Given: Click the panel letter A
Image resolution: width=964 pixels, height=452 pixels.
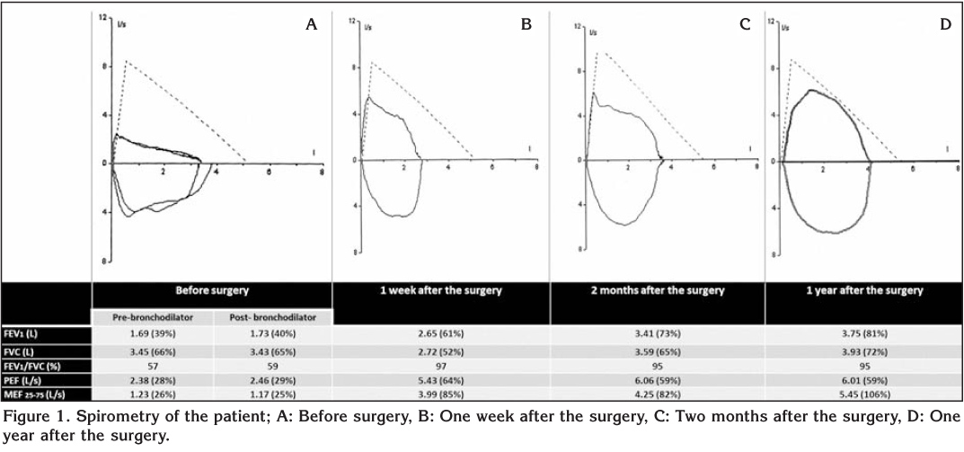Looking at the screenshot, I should [x=312, y=25].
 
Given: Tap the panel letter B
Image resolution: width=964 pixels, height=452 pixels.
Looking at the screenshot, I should [x=526, y=25].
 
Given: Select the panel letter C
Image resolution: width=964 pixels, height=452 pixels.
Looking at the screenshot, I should [x=745, y=25].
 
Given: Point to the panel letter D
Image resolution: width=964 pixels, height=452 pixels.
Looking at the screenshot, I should [x=945, y=25].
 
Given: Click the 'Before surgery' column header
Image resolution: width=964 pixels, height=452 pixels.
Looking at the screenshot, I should [x=212, y=291].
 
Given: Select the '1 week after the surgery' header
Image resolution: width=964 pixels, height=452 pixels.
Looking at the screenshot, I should [x=441, y=291].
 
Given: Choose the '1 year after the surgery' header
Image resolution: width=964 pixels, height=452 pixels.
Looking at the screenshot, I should [x=863, y=291].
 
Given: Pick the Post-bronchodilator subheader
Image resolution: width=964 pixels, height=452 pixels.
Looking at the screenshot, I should [x=272, y=316].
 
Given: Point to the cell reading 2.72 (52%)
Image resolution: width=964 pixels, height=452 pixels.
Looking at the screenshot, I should [x=441, y=350].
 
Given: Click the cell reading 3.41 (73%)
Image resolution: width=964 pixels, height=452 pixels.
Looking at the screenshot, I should [x=657, y=334].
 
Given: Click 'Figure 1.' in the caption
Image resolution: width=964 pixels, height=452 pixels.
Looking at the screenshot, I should [x=31, y=420].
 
